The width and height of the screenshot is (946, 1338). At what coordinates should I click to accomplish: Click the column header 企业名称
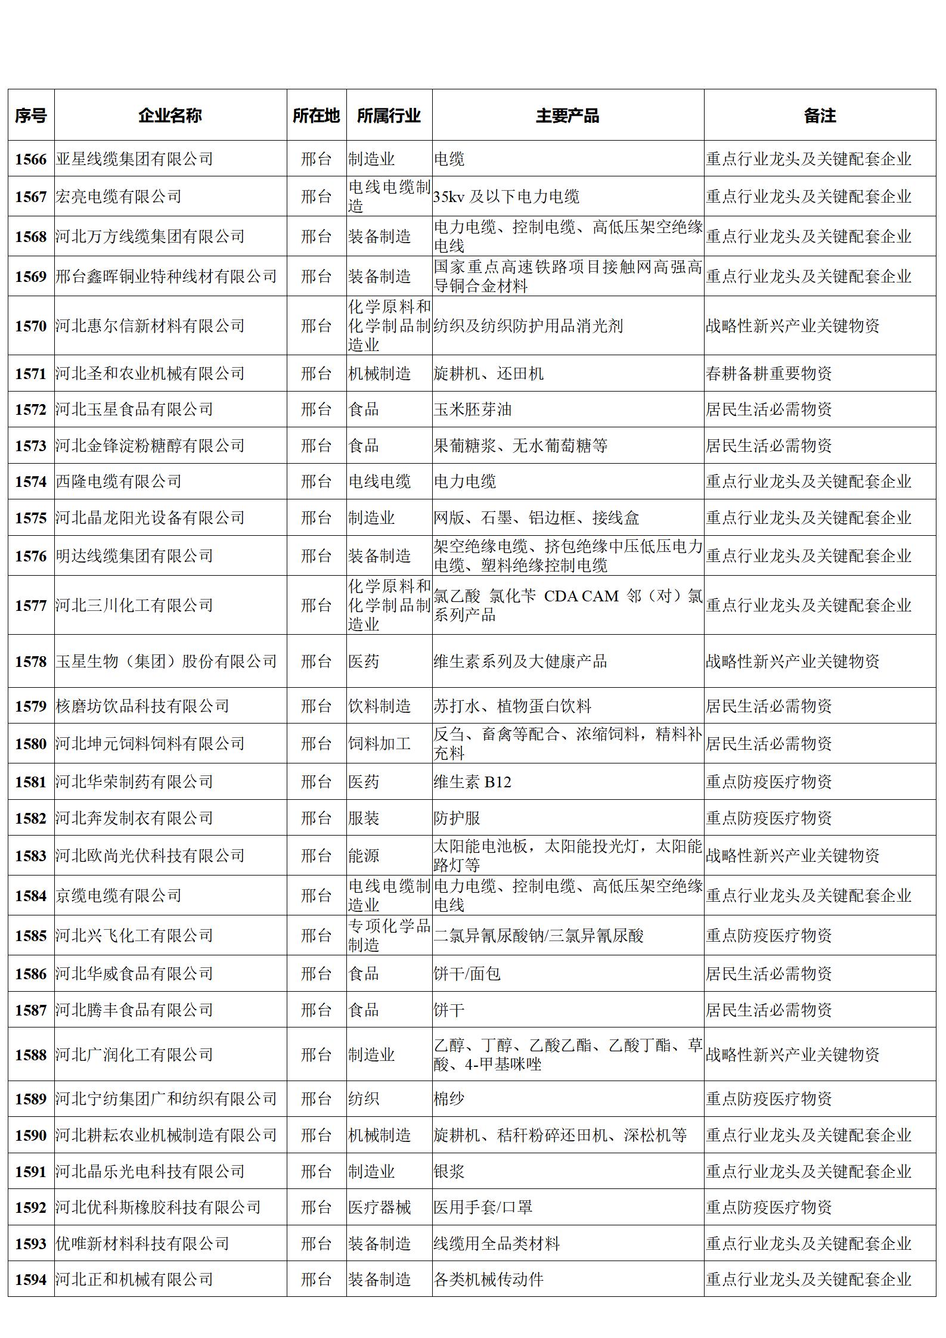pyautogui.click(x=170, y=115)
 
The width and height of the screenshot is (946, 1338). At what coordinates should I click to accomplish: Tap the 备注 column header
pyautogui.click(x=820, y=115)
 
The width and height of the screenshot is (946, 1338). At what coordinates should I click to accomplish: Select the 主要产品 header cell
pyautogui.click(x=567, y=115)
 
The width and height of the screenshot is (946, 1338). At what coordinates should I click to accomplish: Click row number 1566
pyautogui.click(x=31, y=159)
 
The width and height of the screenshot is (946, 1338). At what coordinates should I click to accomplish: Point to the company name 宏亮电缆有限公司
pyautogui.click(x=119, y=196)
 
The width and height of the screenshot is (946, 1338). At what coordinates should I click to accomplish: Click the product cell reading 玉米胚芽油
pyautogui.click(x=473, y=409)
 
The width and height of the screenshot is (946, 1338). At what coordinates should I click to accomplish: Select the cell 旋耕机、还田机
pyautogui.click(x=489, y=374)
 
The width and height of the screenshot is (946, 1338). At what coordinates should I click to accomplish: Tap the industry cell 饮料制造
pyautogui.click(x=380, y=706)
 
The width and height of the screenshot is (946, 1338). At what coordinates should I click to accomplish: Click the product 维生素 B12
pyautogui.click(x=473, y=782)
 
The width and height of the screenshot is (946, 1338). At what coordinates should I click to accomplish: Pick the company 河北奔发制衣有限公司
pyautogui.click(x=135, y=818)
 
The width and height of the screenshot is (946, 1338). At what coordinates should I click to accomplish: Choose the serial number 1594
pyautogui.click(x=31, y=1280)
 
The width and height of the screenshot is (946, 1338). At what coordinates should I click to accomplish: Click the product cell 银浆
pyautogui.click(x=449, y=1172)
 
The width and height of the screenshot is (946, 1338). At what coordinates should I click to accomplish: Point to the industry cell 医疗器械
pyautogui.click(x=380, y=1207)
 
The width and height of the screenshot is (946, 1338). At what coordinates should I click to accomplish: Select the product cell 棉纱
pyautogui.click(x=449, y=1098)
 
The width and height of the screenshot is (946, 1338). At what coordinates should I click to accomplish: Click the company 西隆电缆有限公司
pyautogui.click(x=119, y=482)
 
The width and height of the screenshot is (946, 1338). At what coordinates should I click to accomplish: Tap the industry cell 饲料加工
pyautogui.click(x=380, y=744)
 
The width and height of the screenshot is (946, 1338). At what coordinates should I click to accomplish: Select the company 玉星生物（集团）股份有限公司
pyautogui.click(x=166, y=662)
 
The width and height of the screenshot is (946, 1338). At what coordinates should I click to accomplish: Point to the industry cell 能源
pyautogui.click(x=364, y=856)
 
